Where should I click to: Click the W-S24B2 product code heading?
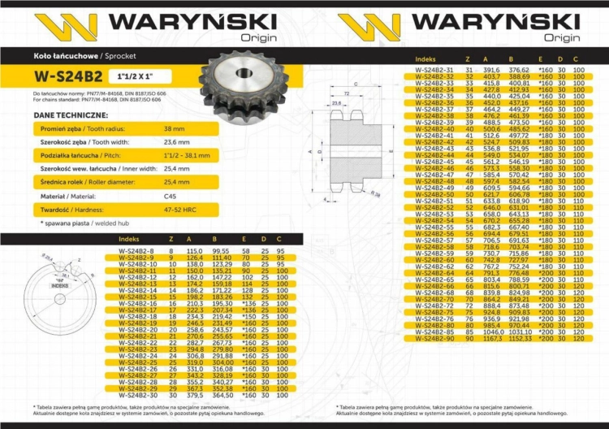(x=68, y=77)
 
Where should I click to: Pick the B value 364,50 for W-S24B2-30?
(x=222, y=396)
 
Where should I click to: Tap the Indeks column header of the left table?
(x=128, y=239)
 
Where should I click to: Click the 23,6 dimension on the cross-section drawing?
(x=336, y=104)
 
